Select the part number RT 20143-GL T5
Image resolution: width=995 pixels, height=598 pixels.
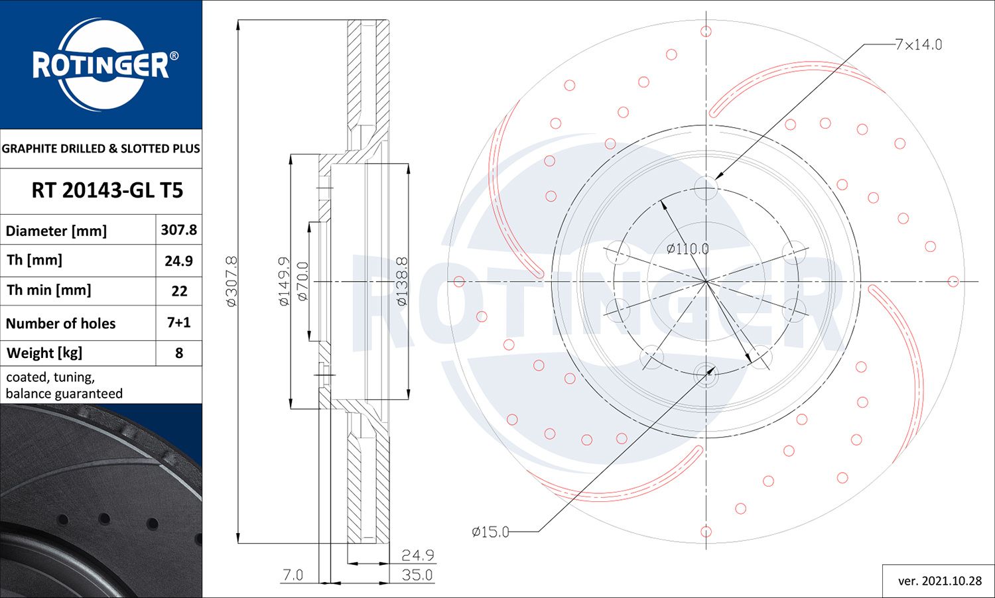(107, 191)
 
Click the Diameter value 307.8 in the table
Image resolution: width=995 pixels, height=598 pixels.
(178, 230)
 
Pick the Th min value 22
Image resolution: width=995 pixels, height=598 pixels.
(178, 291)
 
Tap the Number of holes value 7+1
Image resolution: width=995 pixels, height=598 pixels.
(178, 323)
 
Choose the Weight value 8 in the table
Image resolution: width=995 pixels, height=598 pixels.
(178, 353)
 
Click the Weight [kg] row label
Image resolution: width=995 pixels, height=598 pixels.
(44, 353)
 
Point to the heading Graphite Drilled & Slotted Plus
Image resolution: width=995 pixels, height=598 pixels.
(101, 149)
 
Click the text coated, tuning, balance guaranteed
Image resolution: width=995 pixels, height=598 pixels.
(64, 385)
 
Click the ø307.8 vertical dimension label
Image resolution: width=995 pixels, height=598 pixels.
(232, 282)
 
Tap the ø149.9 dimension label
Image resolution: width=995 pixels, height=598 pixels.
(284, 282)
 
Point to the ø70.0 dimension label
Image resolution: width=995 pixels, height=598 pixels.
(302, 282)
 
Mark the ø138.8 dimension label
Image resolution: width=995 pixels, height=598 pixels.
(402, 282)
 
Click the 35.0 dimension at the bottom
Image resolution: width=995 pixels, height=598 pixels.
(417, 575)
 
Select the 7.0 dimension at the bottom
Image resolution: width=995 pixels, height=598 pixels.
(293, 575)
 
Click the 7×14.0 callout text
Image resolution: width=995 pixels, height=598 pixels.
(918, 44)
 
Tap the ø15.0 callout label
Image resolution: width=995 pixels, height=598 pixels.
(490, 532)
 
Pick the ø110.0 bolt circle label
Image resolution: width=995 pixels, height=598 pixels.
(687, 249)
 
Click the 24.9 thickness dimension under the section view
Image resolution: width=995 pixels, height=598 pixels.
(417, 555)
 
